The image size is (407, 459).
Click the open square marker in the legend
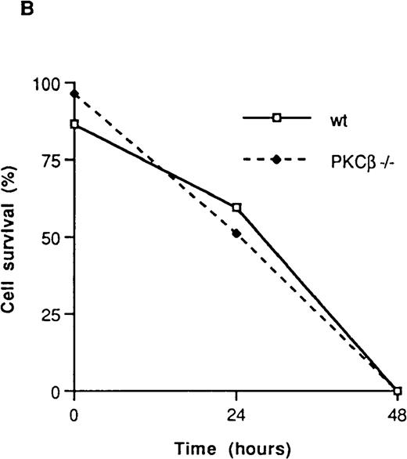pos(276,117)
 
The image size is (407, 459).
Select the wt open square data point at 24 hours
pos(236,208)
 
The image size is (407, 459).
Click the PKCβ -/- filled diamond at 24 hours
pos(236,233)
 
